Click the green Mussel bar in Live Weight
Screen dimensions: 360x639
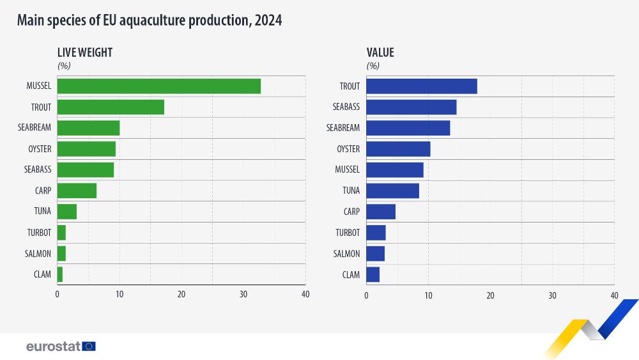coord(159,86)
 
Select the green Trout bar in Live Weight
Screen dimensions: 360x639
coord(111,107)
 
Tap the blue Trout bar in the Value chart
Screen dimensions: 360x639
coord(422,86)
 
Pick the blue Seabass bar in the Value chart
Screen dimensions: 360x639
coord(412,107)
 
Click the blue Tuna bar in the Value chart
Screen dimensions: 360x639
coord(392,191)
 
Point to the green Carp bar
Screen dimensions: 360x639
coord(77,191)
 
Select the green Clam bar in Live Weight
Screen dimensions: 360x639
coord(60,274)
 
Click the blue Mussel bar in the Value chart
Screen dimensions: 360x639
coord(395,170)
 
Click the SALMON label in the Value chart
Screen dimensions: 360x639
coord(346,254)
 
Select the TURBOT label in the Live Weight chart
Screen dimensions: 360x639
coord(38,233)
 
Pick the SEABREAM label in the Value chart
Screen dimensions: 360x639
coord(343,128)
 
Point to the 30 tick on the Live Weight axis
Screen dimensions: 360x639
coord(243,294)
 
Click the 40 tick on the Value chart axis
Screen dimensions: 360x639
coord(614,295)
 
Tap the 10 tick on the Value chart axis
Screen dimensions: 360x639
coord(428,295)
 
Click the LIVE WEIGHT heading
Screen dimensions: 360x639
coord(85,53)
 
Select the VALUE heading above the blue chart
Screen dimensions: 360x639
coord(380,53)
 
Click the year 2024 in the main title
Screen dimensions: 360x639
coord(268,20)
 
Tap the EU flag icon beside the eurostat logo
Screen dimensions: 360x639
coord(89,346)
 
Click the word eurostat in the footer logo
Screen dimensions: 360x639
coord(53,346)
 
